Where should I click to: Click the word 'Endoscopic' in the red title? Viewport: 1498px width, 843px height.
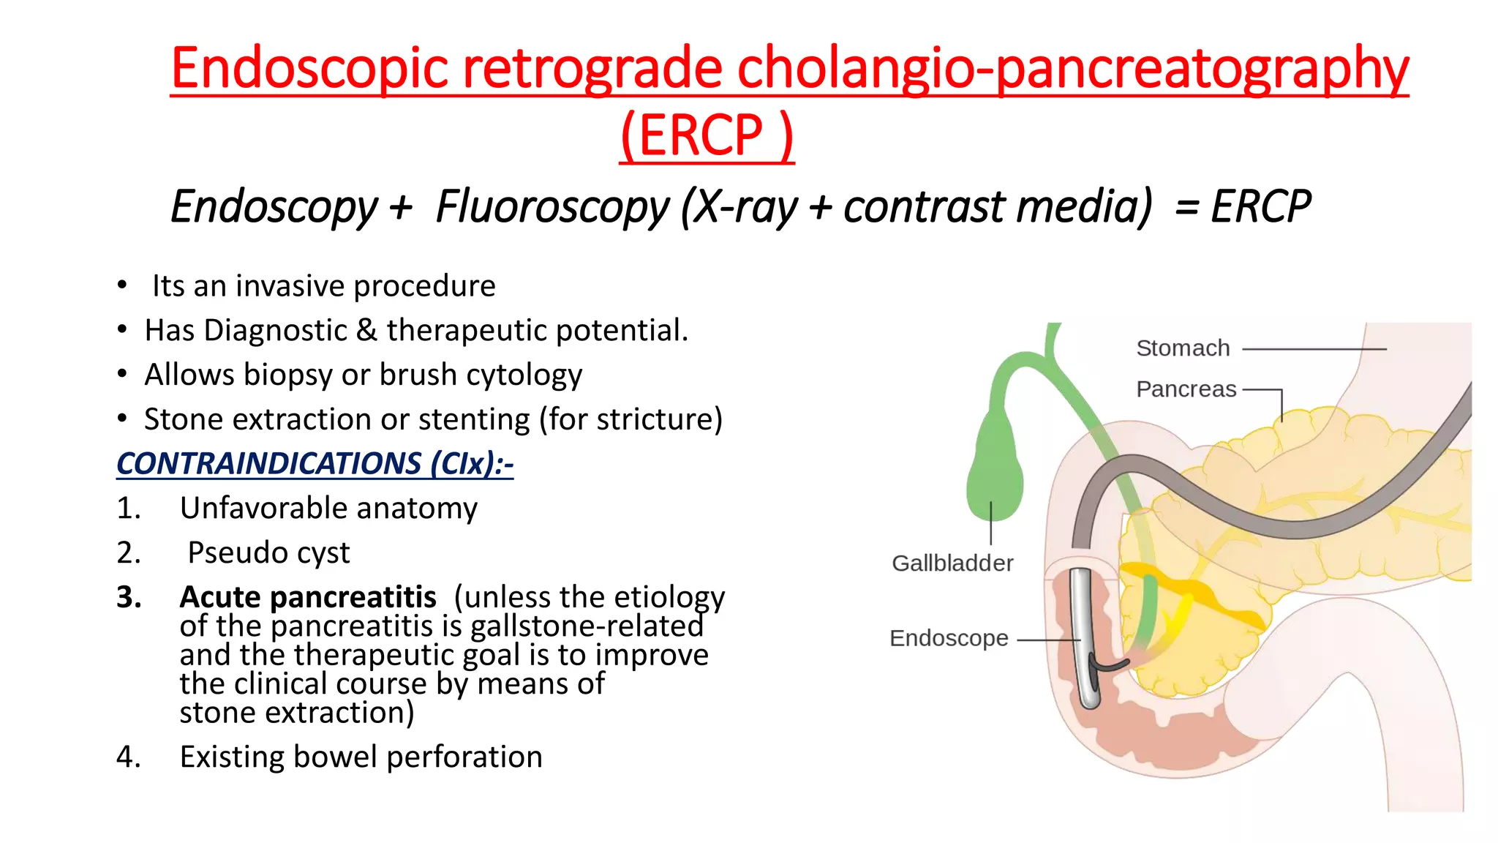(309, 68)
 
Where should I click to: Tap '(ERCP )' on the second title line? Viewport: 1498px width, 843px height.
(706, 135)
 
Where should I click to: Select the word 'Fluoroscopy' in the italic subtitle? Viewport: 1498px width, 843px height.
(552, 206)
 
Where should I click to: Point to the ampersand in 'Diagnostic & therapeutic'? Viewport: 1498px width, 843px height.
(366, 331)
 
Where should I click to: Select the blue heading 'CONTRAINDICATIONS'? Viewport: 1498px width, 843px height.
(268, 464)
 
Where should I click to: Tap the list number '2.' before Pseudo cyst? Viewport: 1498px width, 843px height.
(129, 553)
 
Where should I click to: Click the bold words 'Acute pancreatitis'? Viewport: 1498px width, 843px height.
(308, 597)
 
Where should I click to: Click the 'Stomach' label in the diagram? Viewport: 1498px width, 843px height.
(1183, 348)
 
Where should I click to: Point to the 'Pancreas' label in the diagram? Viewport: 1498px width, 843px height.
(1186, 389)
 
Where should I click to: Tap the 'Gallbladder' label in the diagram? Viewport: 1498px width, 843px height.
(952, 563)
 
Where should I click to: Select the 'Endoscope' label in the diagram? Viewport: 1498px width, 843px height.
(949, 638)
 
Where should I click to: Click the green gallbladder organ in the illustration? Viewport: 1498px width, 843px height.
(995, 468)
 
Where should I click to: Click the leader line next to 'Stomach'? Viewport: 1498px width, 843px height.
(1314, 349)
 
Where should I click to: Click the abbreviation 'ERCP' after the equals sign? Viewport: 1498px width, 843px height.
(1260, 206)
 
